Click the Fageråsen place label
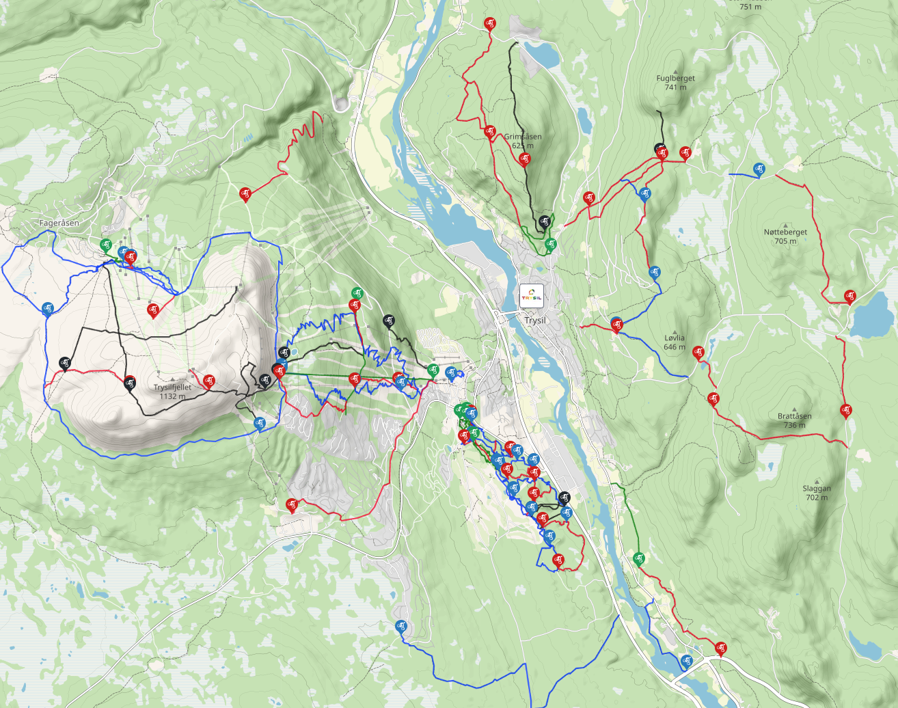pos(59,223)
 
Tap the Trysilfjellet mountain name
pos(172,387)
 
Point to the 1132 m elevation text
pos(172,396)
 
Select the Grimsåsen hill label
pos(523,137)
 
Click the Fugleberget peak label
pos(675,78)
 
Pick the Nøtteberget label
pos(785,232)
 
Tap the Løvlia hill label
pos(674,338)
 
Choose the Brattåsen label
pos(794,416)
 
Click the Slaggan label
pos(817,488)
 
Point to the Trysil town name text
pos(536,320)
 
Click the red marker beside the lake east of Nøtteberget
pos(849,296)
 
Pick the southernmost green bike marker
pos(639,558)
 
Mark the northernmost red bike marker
pos(489,23)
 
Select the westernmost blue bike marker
pos(47,309)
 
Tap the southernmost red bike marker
pos(720,647)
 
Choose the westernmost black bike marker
pos(65,362)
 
